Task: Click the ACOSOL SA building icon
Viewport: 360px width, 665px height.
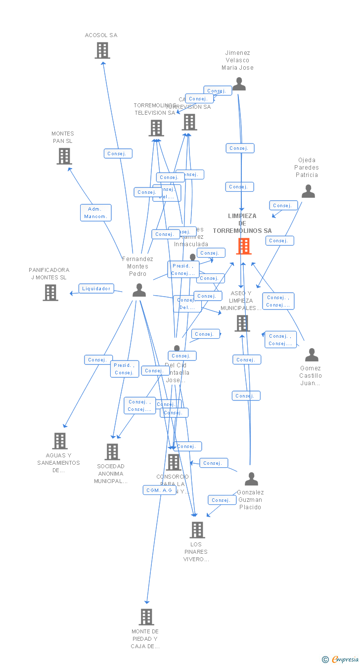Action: [102, 50]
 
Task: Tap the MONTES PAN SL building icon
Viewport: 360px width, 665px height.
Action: [64, 156]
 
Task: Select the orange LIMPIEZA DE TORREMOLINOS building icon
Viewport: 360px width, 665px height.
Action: [243, 246]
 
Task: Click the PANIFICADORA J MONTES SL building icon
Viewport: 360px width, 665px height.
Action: [50, 293]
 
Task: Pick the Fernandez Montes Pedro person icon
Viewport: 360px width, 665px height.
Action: [139, 290]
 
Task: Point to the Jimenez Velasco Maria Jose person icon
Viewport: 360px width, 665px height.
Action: [239, 84]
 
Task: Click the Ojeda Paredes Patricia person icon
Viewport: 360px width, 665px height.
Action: [308, 191]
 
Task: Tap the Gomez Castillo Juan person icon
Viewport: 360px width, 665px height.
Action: [312, 355]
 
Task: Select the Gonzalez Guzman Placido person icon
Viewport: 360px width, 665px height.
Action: [251, 479]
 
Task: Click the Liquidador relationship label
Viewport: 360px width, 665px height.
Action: [96, 288]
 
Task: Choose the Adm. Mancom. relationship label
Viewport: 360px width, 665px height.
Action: [96, 213]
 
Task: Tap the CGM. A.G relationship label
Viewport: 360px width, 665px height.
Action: [159, 490]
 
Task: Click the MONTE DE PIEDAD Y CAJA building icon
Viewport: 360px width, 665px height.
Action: [146, 617]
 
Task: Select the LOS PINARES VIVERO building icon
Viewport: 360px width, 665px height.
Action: [197, 530]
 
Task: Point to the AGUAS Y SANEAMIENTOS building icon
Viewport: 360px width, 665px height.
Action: [59, 441]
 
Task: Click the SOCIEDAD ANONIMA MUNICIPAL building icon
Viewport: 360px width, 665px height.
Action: [112, 451]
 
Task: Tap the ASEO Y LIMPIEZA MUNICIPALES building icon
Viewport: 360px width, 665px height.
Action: [242, 323]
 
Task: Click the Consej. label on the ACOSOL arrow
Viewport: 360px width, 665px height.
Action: [118, 154]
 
